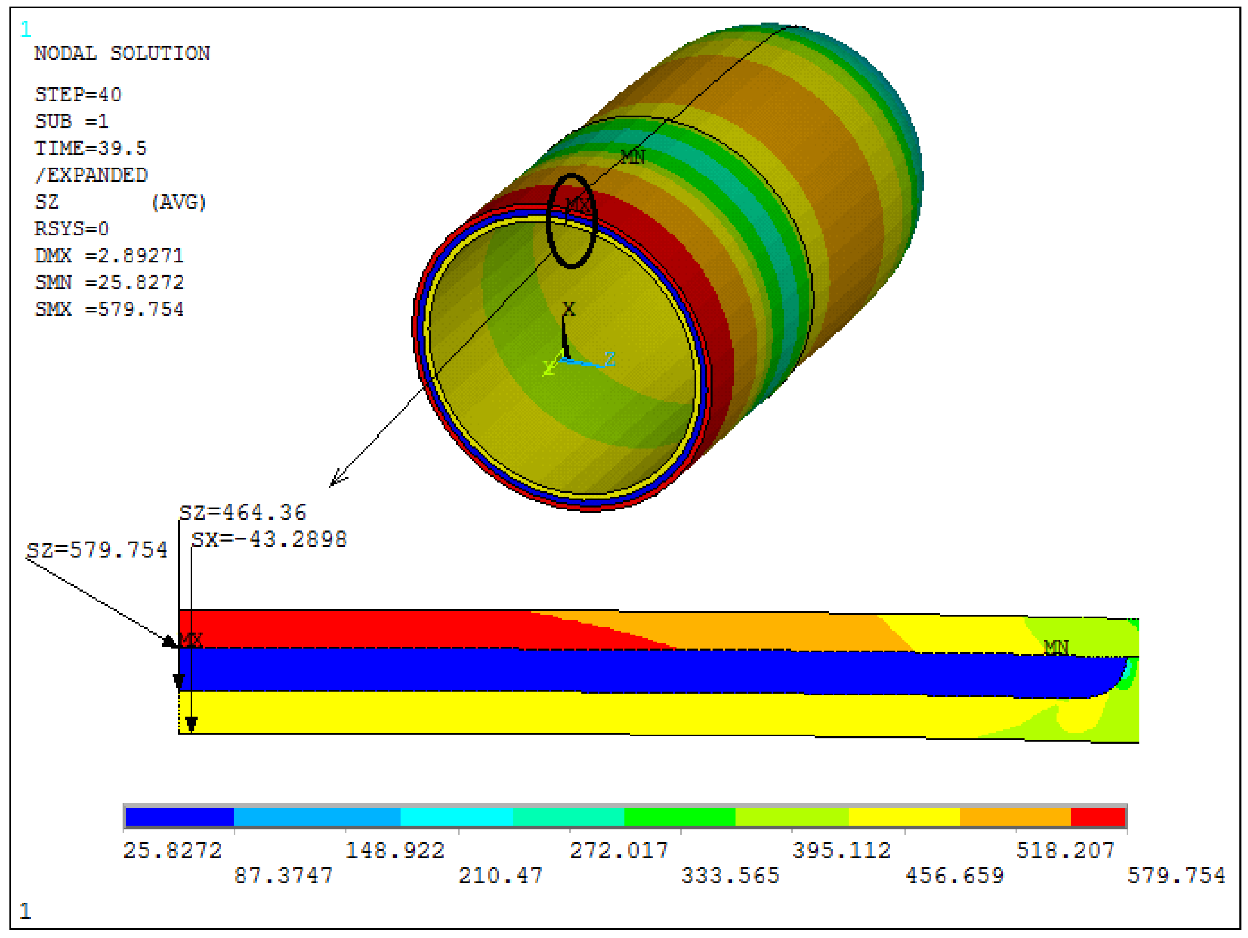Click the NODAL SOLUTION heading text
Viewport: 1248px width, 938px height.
(122, 54)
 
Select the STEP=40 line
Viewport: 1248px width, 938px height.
(78, 94)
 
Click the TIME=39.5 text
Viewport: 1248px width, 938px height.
(90, 148)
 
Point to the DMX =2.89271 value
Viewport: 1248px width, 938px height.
(109, 255)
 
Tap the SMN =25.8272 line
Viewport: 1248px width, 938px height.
(109, 282)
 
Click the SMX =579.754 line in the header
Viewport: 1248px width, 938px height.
(109, 309)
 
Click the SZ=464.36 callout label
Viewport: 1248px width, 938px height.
(243, 512)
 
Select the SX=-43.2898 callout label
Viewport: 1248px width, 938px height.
(269, 539)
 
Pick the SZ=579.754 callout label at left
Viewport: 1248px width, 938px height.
(97, 550)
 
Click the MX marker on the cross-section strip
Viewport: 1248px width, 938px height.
(191, 640)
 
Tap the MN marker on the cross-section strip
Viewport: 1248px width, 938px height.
(1056, 647)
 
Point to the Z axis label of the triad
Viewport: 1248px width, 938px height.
(609, 359)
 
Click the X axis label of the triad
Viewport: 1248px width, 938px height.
(569, 309)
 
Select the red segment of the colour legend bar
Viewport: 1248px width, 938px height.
(1098, 817)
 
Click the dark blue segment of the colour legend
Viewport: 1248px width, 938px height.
(180, 817)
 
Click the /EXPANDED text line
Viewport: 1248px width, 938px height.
(91, 175)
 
